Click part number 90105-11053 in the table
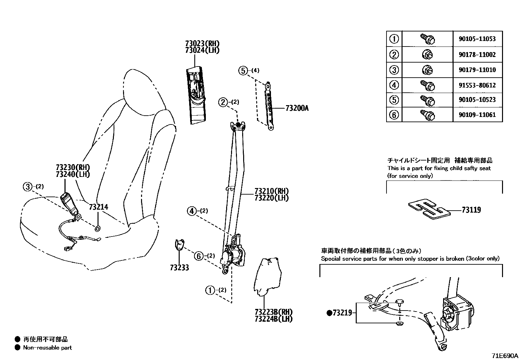click(x=477, y=39)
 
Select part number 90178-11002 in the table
click(x=477, y=55)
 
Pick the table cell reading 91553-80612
click(x=477, y=85)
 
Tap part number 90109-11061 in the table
click(x=477, y=115)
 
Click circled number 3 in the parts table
click(x=394, y=70)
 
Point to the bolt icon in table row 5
click(x=427, y=100)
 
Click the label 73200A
click(x=297, y=108)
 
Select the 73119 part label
click(x=471, y=210)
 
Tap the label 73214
click(x=98, y=207)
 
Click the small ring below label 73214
click(x=98, y=228)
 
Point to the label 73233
click(x=179, y=268)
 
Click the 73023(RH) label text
click(x=202, y=44)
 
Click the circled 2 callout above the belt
click(x=223, y=102)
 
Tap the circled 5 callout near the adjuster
click(x=243, y=70)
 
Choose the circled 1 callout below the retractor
click(x=209, y=290)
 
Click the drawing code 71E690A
click(x=504, y=356)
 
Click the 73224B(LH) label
click(x=274, y=318)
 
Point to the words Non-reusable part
click(x=47, y=348)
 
